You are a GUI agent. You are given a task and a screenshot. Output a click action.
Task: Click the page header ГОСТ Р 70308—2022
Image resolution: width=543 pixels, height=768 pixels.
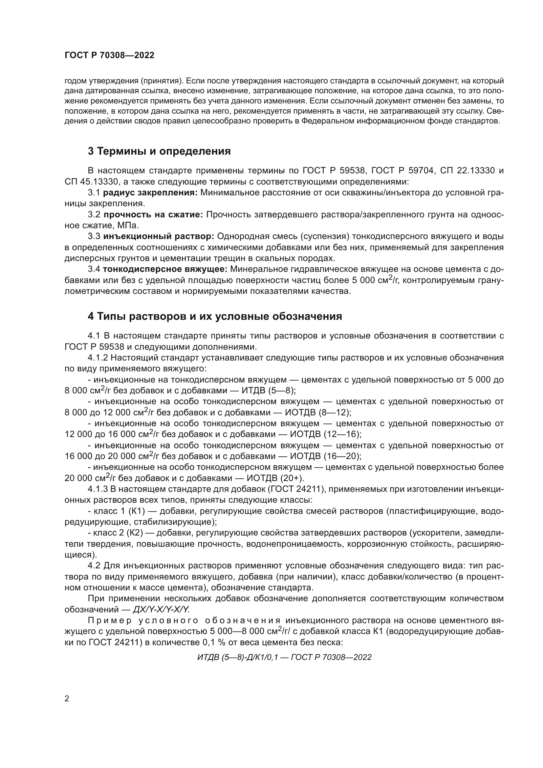pos(109,55)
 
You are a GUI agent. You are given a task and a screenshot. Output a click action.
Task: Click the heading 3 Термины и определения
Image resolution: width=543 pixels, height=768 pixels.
pos(159,151)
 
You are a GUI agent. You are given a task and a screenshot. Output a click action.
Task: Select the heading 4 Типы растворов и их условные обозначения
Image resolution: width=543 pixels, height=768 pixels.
pos(215,316)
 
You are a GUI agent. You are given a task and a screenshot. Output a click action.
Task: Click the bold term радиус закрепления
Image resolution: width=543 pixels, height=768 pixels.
pos(150,193)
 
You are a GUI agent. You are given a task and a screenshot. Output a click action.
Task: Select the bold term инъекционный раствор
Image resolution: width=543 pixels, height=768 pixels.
pos(159,236)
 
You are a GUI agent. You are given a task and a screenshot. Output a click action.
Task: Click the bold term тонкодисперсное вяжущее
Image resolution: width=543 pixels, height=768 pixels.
pos(165,269)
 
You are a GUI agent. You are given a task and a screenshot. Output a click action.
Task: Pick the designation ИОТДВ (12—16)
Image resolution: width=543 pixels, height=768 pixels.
pos(326,434)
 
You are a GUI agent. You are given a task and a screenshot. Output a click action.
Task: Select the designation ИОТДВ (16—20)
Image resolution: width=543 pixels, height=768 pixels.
pos(326,456)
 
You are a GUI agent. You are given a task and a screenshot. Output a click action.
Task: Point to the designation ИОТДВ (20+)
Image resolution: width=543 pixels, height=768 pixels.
pos(275,478)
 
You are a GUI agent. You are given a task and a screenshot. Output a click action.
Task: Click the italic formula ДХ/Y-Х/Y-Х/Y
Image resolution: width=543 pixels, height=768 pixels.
pos(161,609)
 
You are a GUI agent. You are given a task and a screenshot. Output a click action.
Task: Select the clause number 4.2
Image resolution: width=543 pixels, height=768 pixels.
pos(94,566)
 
